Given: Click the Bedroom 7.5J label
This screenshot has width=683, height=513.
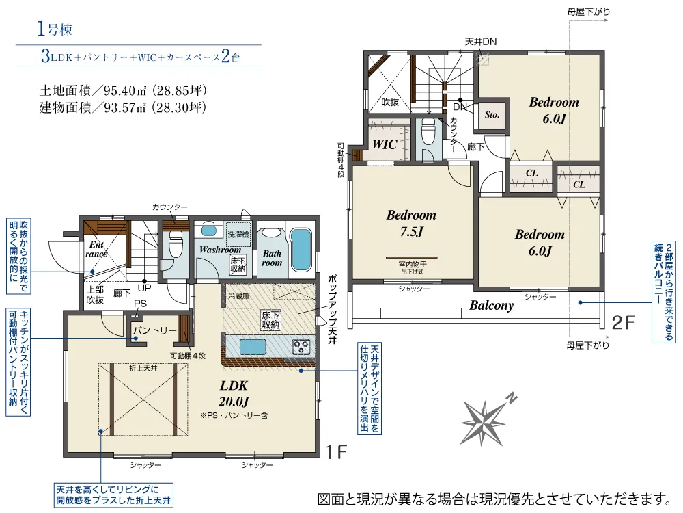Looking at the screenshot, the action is (411, 223).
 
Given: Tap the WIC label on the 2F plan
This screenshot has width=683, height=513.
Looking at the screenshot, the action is (384, 144).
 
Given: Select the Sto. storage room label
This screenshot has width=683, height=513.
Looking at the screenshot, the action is (492, 115).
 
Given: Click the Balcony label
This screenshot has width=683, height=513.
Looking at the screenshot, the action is (491, 305).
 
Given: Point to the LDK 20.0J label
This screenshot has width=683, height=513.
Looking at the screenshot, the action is (234, 393).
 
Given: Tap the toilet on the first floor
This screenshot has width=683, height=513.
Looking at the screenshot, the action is (176, 245).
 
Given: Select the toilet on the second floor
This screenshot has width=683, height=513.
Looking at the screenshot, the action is (429, 131).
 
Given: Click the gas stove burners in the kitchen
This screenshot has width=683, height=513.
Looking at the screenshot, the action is (301, 347).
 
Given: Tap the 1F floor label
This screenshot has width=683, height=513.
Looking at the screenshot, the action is (336, 452).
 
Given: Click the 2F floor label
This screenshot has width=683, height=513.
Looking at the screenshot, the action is (623, 323).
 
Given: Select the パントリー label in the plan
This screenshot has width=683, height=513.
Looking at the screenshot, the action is (154, 330).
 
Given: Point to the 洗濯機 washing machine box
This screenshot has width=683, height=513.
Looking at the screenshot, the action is (238, 234).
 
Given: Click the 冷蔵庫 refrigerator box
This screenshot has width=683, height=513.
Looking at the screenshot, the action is (238, 296).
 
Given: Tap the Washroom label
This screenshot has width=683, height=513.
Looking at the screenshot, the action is (220, 250).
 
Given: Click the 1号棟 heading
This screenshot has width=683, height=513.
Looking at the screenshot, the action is (55, 29).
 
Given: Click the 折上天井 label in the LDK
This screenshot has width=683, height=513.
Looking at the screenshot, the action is (143, 369).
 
